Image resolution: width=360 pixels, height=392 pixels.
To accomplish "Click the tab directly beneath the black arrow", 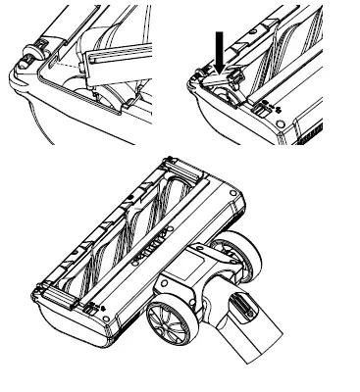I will pos(224,83).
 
